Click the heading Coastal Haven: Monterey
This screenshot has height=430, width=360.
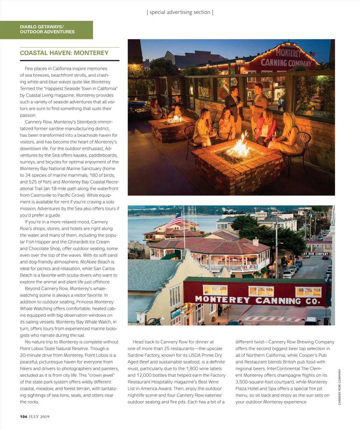pos(64,53)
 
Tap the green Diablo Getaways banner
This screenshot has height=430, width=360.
pos(47,29)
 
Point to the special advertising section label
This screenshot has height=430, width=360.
pos(180,12)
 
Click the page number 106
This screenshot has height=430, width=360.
pos(24,416)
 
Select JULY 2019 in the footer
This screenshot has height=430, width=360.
pos(39,416)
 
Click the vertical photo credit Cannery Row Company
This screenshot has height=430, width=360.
pos(340,387)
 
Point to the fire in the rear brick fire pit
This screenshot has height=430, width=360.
pos(175,119)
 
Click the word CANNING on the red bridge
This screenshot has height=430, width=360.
pos(278,300)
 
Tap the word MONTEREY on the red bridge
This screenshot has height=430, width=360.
pos(222,299)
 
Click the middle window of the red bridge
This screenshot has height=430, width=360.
pos(261,291)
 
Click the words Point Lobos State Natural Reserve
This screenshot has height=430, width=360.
pos(54,349)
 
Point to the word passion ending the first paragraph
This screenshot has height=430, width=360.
pos(28,116)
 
